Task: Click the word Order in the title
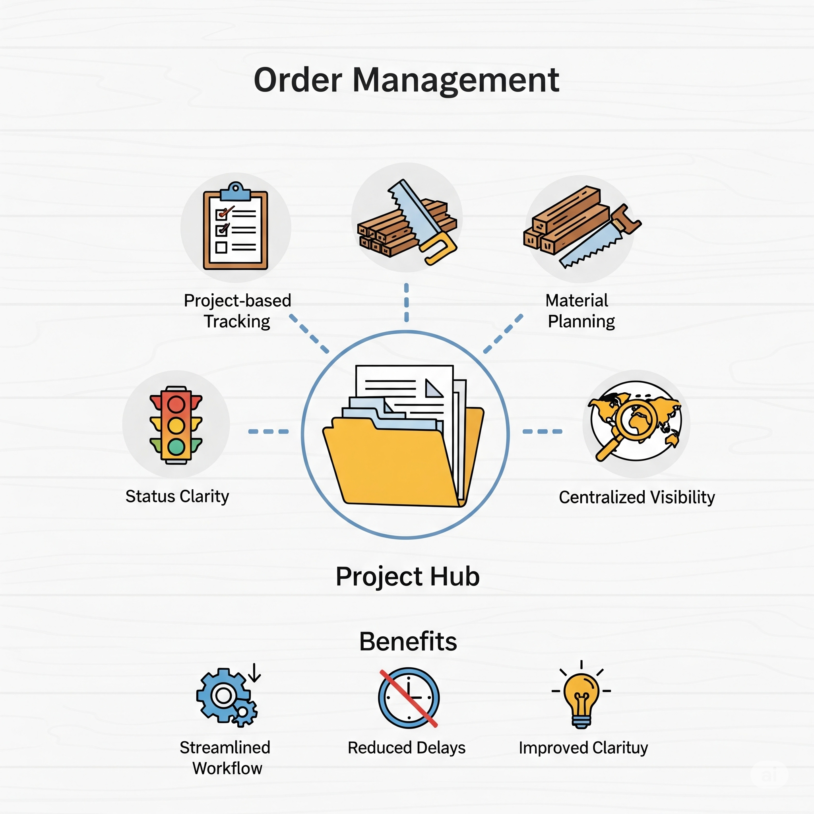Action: click(298, 79)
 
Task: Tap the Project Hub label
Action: click(407, 576)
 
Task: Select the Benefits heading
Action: click(408, 642)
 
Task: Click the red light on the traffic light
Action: click(176, 405)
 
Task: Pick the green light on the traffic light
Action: click(176, 447)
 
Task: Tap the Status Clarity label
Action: click(177, 496)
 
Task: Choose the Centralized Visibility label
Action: click(637, 497)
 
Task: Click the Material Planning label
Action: click(581, 311)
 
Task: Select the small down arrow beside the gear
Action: click(254, 673)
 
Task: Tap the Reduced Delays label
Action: click(407, 748)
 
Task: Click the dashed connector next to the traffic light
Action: click(268, 431)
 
